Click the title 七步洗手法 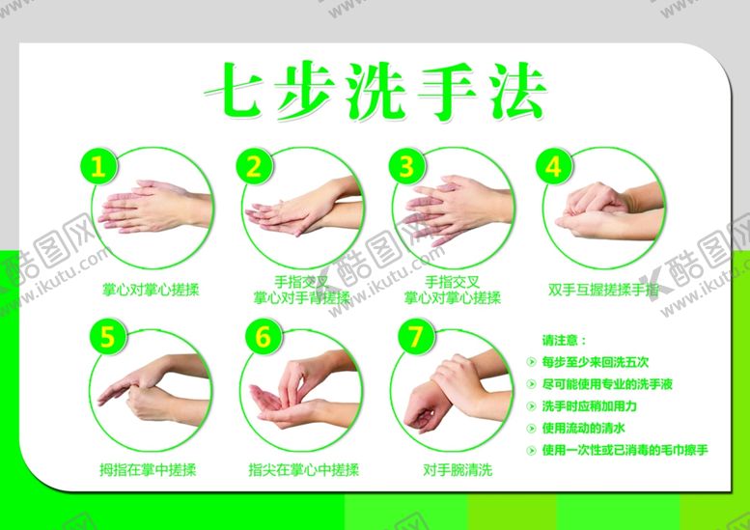(375, 92)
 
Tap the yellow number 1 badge (97, 167)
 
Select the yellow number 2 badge (254, 167)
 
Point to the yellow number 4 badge (553, 167)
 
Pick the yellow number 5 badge (107, 338)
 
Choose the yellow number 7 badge (415, 338)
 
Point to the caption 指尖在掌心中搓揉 (303, 470)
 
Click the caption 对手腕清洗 (458, 470)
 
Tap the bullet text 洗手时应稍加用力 (589, 406)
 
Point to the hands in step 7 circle (454, 391)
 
